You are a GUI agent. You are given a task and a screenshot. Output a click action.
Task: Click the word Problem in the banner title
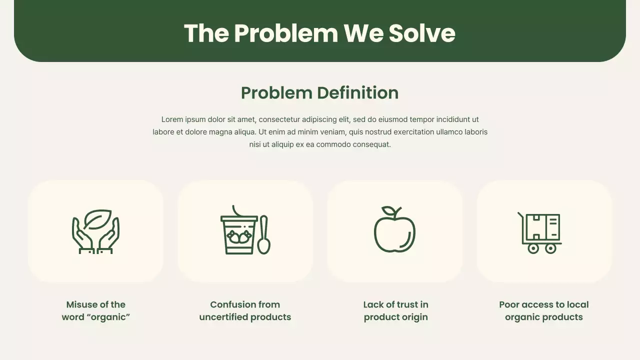coord(286,33)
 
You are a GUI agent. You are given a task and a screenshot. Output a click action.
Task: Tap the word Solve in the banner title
coord(422,33)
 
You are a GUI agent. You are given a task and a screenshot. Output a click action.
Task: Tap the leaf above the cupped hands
coord(97,218)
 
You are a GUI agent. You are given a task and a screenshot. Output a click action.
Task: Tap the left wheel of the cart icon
coord(533,248)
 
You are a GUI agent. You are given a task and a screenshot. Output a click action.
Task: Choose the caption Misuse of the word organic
coord(95,310)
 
